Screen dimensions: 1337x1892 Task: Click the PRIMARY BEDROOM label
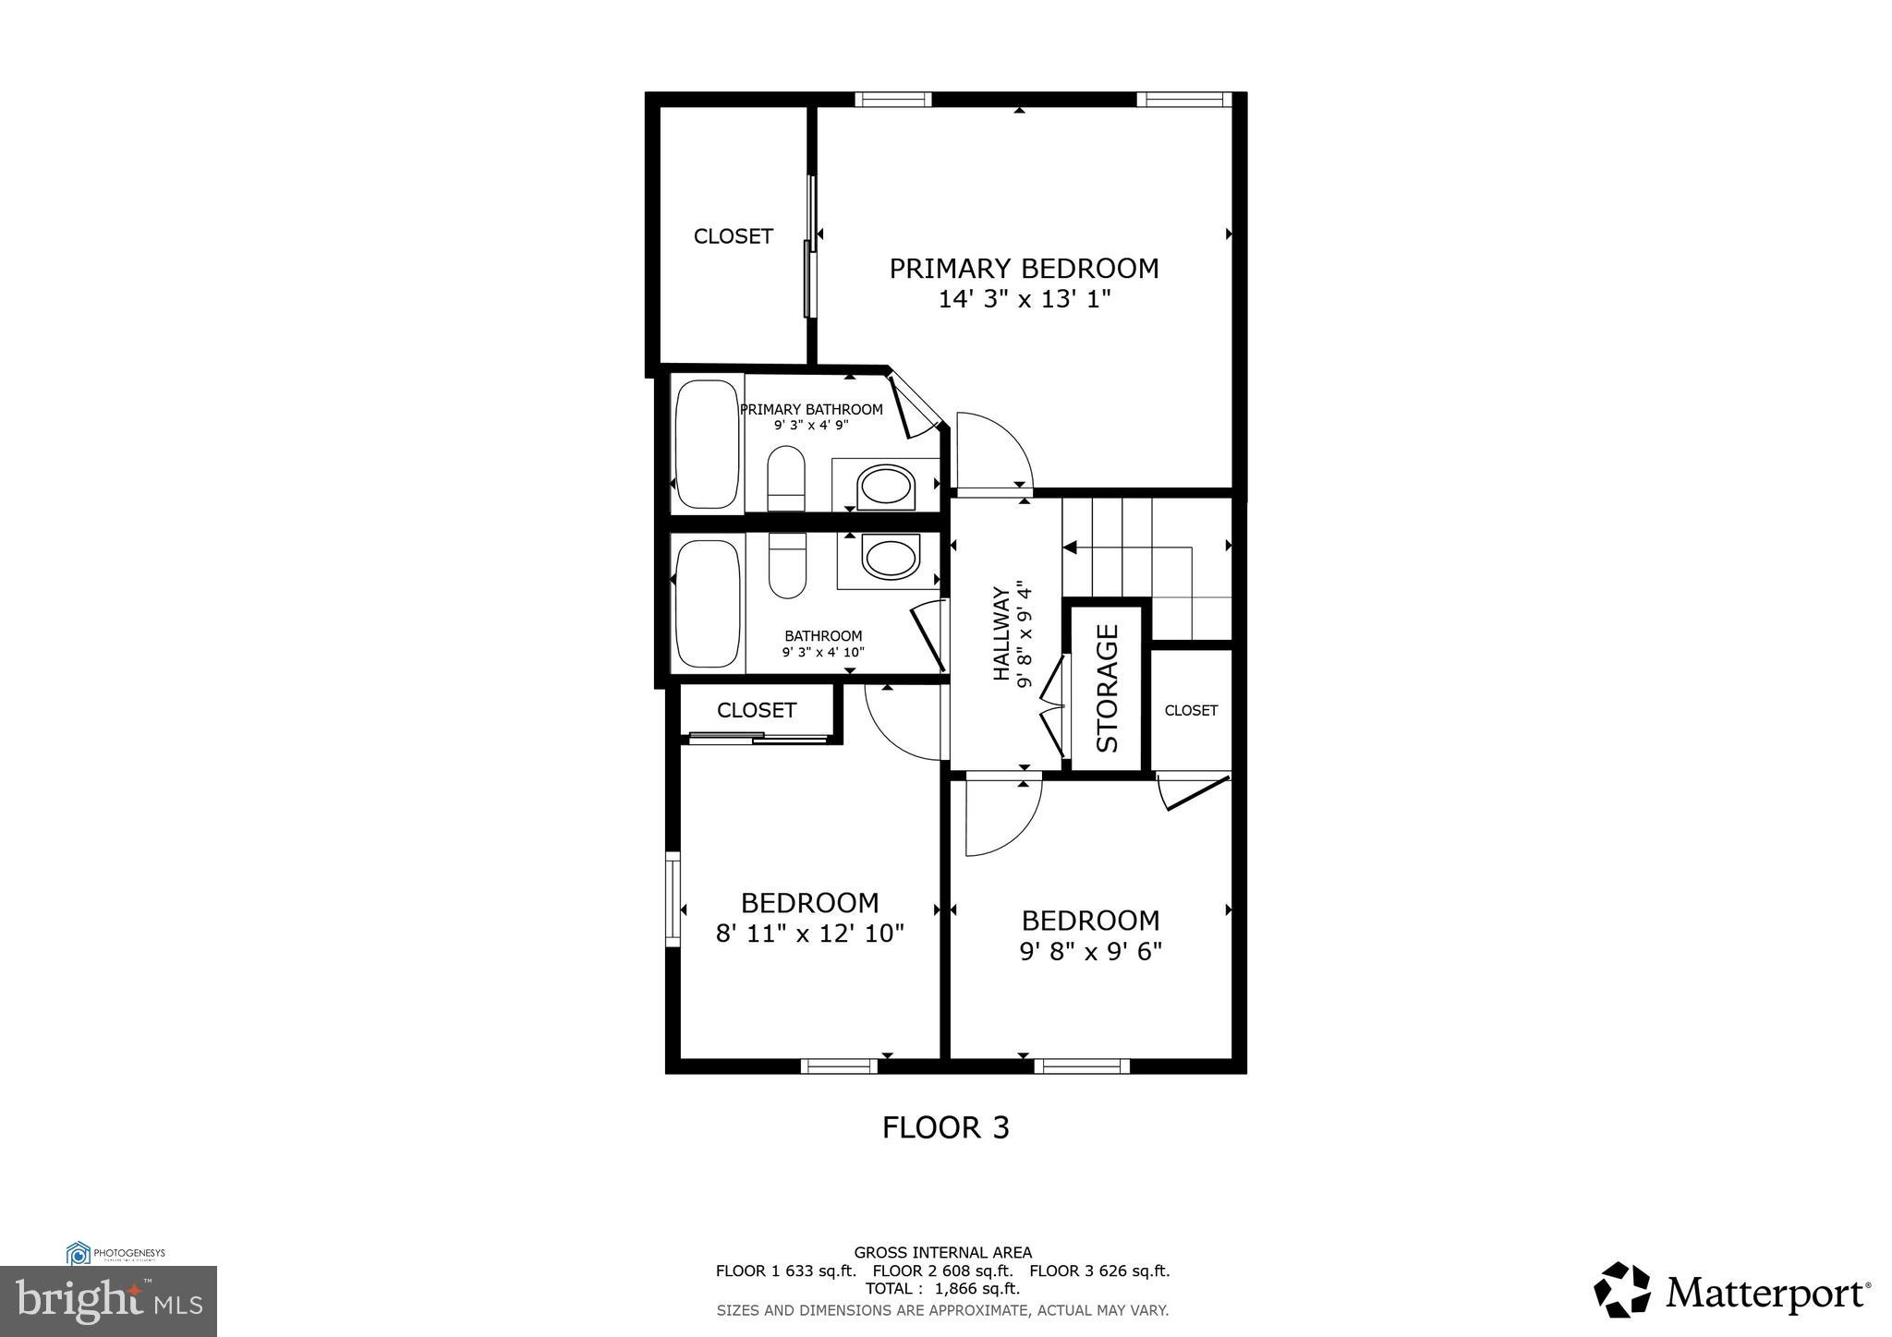[1024, 269]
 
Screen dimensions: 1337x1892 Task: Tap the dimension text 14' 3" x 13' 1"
[1024, 299]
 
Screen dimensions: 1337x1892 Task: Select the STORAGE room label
[1108, 688]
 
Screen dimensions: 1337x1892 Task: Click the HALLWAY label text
[1001, 633]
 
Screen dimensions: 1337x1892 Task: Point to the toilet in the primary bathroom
[786, 478]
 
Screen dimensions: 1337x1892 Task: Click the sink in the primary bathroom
[886, 486]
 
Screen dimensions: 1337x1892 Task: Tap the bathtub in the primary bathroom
[708, 444]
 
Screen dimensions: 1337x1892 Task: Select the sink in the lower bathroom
[891, 558]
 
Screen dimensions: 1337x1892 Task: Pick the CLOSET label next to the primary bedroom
[733, 236]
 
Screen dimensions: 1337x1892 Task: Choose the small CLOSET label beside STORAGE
[1191, 710]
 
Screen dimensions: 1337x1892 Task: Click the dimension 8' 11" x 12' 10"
[809, 933]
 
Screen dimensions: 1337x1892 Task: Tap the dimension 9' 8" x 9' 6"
[1090, 952]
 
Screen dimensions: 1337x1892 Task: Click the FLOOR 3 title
[945, 1127]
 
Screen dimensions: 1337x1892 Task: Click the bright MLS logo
[108, 1301]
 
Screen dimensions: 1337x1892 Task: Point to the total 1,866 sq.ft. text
[942, 1288]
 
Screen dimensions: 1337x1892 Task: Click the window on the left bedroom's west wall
[673, 898]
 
